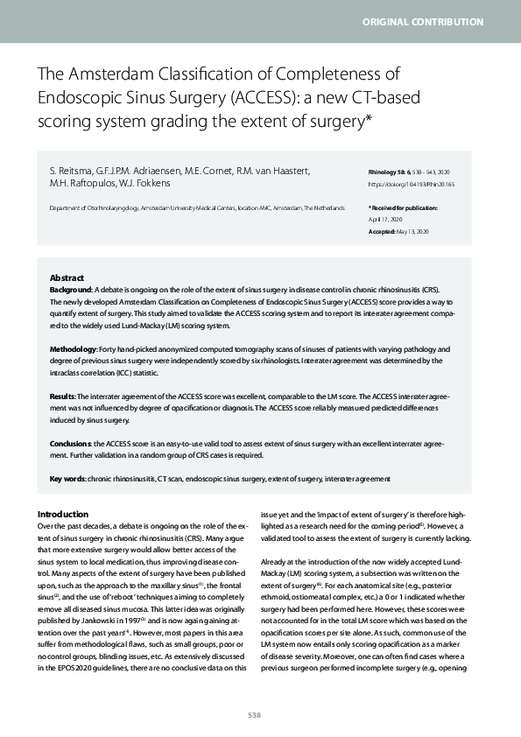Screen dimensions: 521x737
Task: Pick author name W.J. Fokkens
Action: [x=151, y=184]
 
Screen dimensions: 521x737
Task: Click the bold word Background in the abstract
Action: [x=71, y=288]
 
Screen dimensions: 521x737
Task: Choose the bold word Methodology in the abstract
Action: [x=74, y=348]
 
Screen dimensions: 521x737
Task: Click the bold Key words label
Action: [x=67, y=480]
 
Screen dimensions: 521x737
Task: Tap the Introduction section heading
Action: [x=62, y=514]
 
